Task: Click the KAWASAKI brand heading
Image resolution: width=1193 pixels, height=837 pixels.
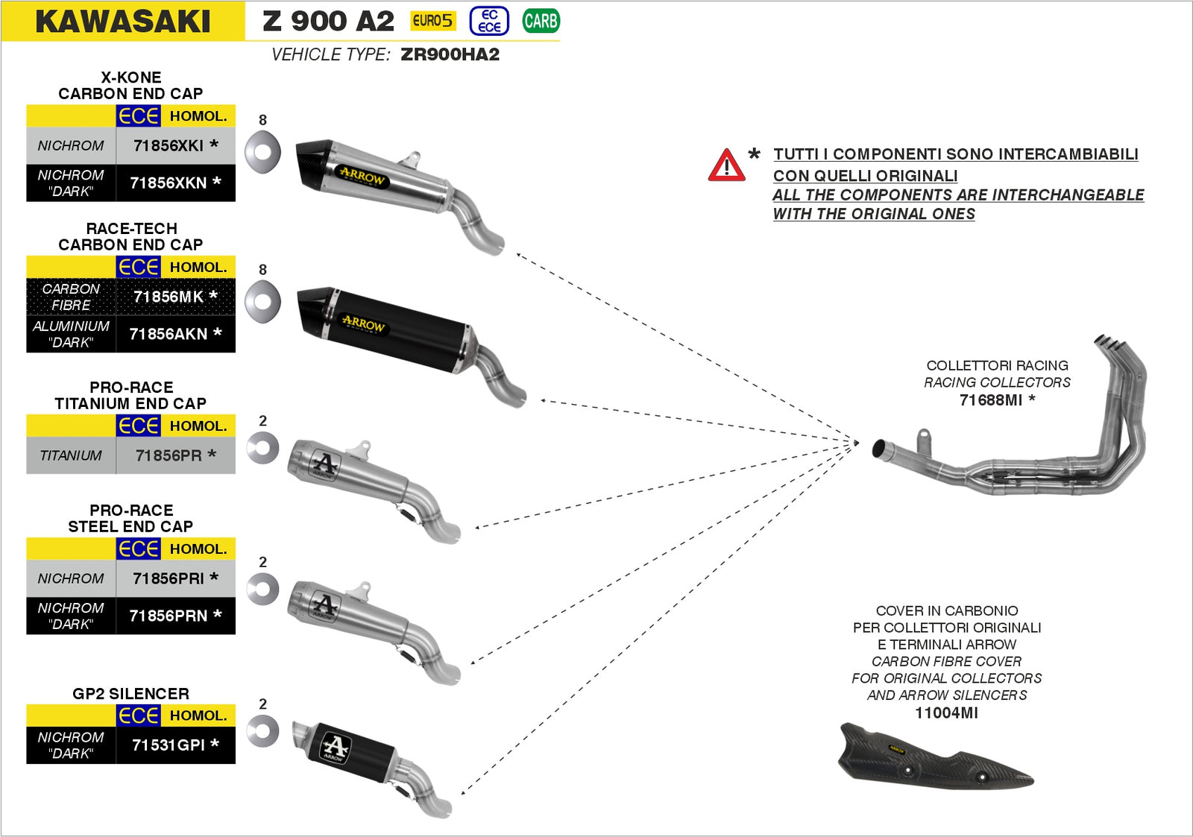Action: pyautogui.click(x=123, y=22)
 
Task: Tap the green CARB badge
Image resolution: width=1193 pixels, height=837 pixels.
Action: pyautogui.click(x=541, y=21)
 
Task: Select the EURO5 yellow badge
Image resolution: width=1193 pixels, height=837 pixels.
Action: pyautogui.click(x=432, y=21)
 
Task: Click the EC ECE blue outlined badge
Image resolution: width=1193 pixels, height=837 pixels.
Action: pyautogui.click(x=489, y=21)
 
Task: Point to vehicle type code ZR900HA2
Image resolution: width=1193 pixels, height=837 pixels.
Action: pyautogui.click(x=450, y=54)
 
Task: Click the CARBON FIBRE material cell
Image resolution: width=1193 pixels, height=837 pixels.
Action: pyautogui.click(x=71, y=297)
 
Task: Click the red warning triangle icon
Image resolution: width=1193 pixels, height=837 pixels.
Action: pyautogui.click(x=726, y=165)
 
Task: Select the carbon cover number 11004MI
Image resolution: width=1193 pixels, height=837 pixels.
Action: pyautogui.click(x=946, y=713)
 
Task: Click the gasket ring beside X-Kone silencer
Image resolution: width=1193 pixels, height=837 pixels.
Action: pyautogui.click(x=262, y=152)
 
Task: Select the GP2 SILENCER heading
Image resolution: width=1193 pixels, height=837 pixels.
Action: pyautogui.click(x=130, y=694)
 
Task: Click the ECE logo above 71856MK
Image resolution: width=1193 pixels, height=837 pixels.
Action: pyautogui.click(x=139, y=267)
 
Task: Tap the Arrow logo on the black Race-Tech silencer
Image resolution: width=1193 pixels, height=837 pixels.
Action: pyautogui.click(x=363, y=323)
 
